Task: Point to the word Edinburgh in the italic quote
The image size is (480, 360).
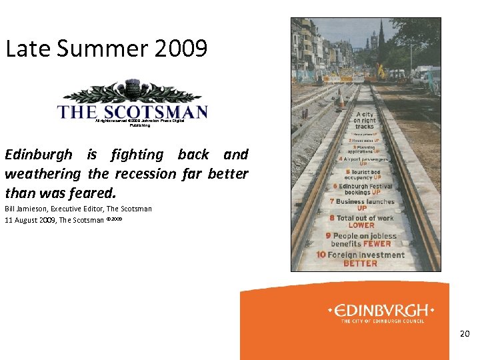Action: coord(39,155)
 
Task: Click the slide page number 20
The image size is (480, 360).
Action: coord(465,333)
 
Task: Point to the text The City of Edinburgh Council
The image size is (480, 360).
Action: coord(382,321)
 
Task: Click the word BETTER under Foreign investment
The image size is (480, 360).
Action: coord(359,263)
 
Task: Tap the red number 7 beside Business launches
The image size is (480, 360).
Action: coord(331,201)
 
